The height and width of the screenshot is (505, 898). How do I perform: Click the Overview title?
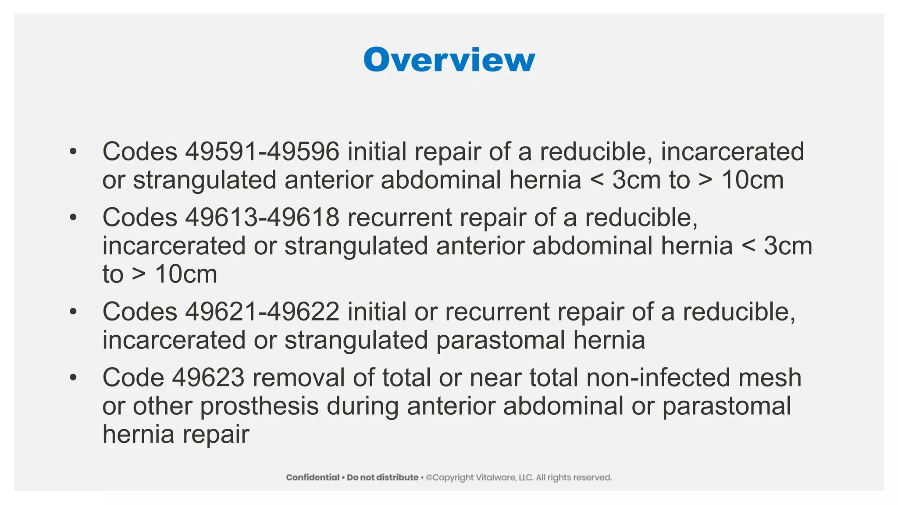(449, 60)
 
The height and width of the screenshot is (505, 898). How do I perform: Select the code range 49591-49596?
(262, 152)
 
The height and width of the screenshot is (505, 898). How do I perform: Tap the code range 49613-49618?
(262, 217)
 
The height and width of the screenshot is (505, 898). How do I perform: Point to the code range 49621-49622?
(262, 312)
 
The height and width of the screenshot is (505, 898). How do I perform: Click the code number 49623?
(208, 377)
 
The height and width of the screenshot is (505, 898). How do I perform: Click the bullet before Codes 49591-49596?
(73, 152)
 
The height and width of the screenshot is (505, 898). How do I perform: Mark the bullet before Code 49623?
(73, 377)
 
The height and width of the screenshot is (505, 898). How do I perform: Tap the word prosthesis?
(259, 406)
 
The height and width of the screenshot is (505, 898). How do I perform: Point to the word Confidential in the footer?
(313, 477)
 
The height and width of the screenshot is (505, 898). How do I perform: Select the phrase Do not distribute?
(382, 477)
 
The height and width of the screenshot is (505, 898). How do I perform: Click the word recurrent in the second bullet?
(399, 217)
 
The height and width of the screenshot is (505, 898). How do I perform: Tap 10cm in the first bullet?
(752, 180)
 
